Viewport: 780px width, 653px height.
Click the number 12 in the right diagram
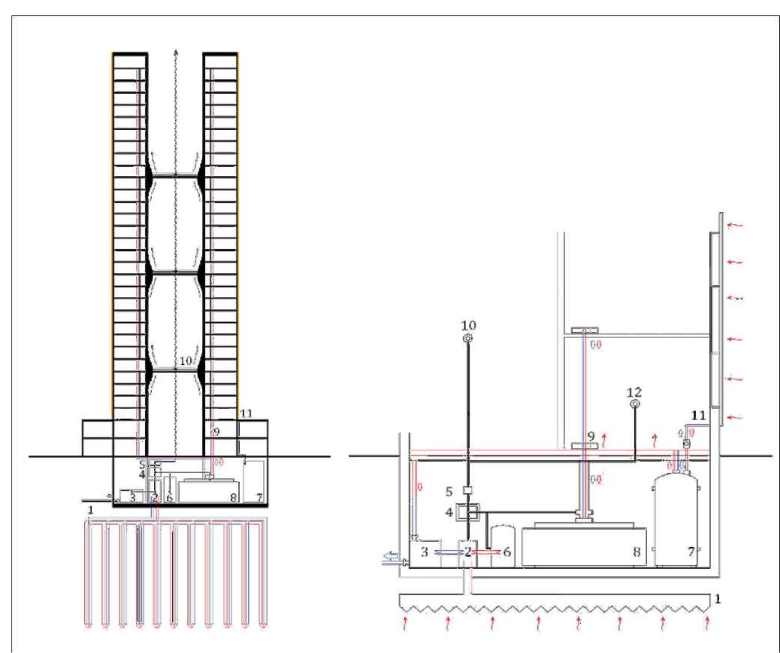pyautogui.click(x=634, y=392)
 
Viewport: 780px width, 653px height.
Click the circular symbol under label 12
pyautogui.click(x=634, y=404)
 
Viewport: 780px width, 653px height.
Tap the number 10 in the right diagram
pyautogui.click(x=468, y=325)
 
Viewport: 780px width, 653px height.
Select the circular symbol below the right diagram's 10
pyautogui.click(x=468, y=338)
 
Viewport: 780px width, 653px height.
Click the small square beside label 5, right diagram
pyautogui.click(x=468, y=491)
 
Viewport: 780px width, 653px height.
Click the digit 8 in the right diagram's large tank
pyautogui.click(x=637, y=551)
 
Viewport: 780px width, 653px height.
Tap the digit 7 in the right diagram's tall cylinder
pyautogui.click(x=691, y=551)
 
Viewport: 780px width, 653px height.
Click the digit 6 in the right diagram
pyautogui.click(x=507, y=552)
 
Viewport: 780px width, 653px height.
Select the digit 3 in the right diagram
pyautogui.click(x=424, y=552)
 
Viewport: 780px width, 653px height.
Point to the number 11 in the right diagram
pyautogui.click(x=698, y=415)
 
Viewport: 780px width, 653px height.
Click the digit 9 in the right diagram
pyautogui.click(x=591, y=436)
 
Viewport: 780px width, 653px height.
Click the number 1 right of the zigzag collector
pyautogui.click(x=717, y=599)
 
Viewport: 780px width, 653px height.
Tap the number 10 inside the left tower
pyautogui.click(x=186, y=361)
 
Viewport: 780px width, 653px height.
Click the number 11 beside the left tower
pyautogui.click(x=246, y=413)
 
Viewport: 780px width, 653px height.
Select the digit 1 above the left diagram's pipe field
pyautogui.click(x=90, y=510)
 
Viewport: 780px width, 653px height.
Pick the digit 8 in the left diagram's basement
pyautogui.click(x=233, y=498)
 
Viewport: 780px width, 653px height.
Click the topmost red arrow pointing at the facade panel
pyautogui.click(x=735, y=225)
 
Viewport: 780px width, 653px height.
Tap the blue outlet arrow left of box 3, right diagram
pyautogui.click(x=391, y=555)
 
